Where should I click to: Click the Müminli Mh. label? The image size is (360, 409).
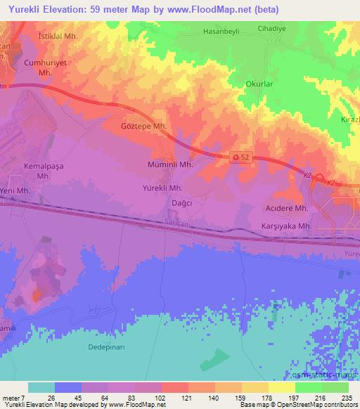point(169,164)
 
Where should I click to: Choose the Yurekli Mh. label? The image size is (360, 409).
point(162,188)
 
